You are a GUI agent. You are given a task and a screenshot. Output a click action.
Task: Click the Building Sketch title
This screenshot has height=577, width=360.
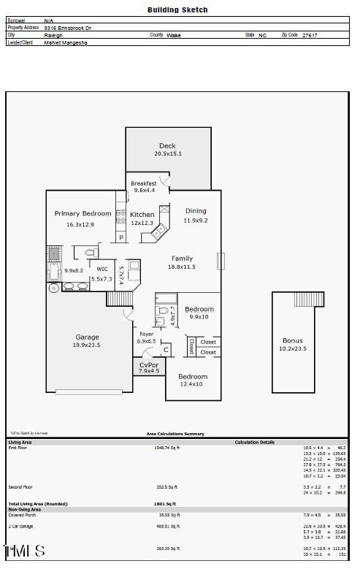(x=177, y=10)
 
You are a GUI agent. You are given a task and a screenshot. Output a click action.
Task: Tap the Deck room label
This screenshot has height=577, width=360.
(x=167, y=146)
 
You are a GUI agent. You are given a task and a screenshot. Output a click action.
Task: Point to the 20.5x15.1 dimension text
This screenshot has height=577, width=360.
(x=167, y=154)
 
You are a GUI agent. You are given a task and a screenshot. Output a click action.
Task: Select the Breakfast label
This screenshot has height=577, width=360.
(x=144, y=183)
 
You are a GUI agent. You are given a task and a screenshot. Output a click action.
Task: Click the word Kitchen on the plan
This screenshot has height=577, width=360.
(x=142, y=215)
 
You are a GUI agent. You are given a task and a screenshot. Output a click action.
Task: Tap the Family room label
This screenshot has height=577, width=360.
(x=182, y=259)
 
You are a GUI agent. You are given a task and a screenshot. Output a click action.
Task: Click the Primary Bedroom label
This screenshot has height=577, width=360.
(x=83, y=214)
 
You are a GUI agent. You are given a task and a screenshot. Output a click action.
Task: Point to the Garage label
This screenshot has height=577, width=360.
(x=87, y=337)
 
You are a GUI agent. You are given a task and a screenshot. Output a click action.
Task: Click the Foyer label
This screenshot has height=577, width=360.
(x=146, y=335)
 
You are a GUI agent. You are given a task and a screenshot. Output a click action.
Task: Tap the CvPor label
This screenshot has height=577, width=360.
(x=149, y=364)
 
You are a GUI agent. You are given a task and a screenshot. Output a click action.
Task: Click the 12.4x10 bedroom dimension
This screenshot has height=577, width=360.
(x=191, y=384)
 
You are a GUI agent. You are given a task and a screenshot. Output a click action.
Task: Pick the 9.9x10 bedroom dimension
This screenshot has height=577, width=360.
(x=199, y=317)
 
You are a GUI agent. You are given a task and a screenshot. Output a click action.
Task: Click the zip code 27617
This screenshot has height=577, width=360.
(x=309, y=35)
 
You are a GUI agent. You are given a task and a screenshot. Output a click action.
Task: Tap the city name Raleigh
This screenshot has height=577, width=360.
(x=53, y=35)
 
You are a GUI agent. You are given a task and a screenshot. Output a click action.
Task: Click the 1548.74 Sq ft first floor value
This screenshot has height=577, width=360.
(x=166, y=447)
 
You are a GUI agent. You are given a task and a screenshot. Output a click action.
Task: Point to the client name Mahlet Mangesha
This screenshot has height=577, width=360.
(x=65, y=42)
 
